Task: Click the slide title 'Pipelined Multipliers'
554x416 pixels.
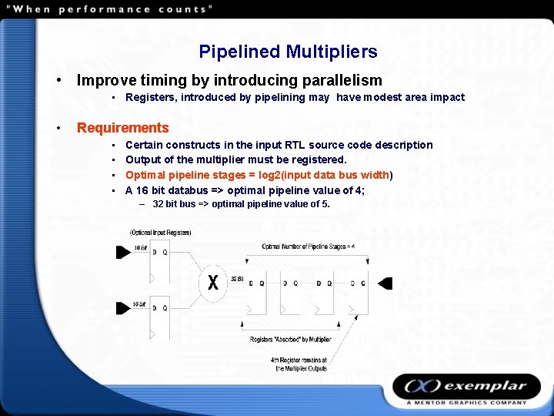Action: (288, 52)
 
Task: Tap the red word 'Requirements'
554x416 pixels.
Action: (122, 128)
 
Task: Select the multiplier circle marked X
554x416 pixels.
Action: (212, 282)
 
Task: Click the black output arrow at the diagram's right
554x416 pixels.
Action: (385, 283)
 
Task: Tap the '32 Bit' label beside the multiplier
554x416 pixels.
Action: (237, 278)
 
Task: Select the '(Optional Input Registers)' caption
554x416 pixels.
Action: (161, 232)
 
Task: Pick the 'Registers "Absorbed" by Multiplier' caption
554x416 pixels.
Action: (291, 340)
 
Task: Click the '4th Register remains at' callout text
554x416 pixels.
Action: (299, 360)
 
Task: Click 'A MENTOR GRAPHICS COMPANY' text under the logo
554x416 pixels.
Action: (466, 402)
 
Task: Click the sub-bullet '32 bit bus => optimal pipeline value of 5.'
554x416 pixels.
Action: (241, 204)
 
